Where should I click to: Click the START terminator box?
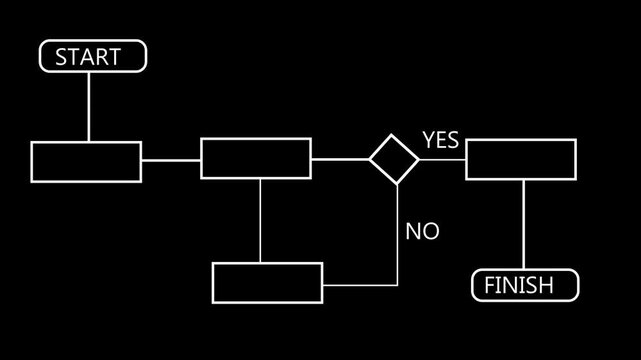tap(93, 57)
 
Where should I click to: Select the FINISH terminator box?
tap(525, 285)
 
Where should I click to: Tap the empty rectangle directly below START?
tap(86, 161)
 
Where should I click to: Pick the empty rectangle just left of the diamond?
tap(256, 159)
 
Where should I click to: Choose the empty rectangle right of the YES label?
tap(521, 159)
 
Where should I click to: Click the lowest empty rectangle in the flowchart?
tap(268, 282)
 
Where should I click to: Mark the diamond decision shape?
tap(394, 159)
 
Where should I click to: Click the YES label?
tap(440, 140)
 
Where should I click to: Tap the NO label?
tap(422, 232)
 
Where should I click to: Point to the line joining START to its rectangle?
tap(88, 106)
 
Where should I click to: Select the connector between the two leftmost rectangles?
tap(171, 159)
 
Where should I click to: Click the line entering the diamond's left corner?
tap(340, 159)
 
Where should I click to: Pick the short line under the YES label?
tap(442, 159)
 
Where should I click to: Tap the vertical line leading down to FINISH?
tap(523, 225)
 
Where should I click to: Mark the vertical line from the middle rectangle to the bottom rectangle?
tap(260, 220)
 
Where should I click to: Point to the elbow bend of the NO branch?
tap(398, 284)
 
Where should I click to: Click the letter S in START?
tap(61, 57)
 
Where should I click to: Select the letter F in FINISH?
tap(489, 286)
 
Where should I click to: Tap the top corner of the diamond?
tap(394, 135)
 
